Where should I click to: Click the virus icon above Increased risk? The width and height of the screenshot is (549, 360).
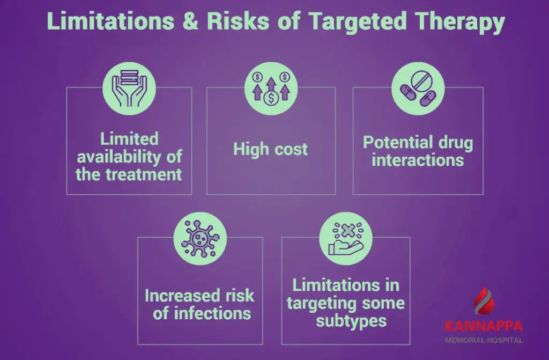click(200, 237)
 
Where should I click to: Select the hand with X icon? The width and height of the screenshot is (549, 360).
click(346, 237)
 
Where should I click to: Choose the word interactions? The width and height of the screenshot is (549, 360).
click(418, 160)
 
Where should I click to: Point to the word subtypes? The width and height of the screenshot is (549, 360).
click(346, 321)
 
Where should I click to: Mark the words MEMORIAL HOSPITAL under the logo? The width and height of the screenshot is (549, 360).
click(483, 340)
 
